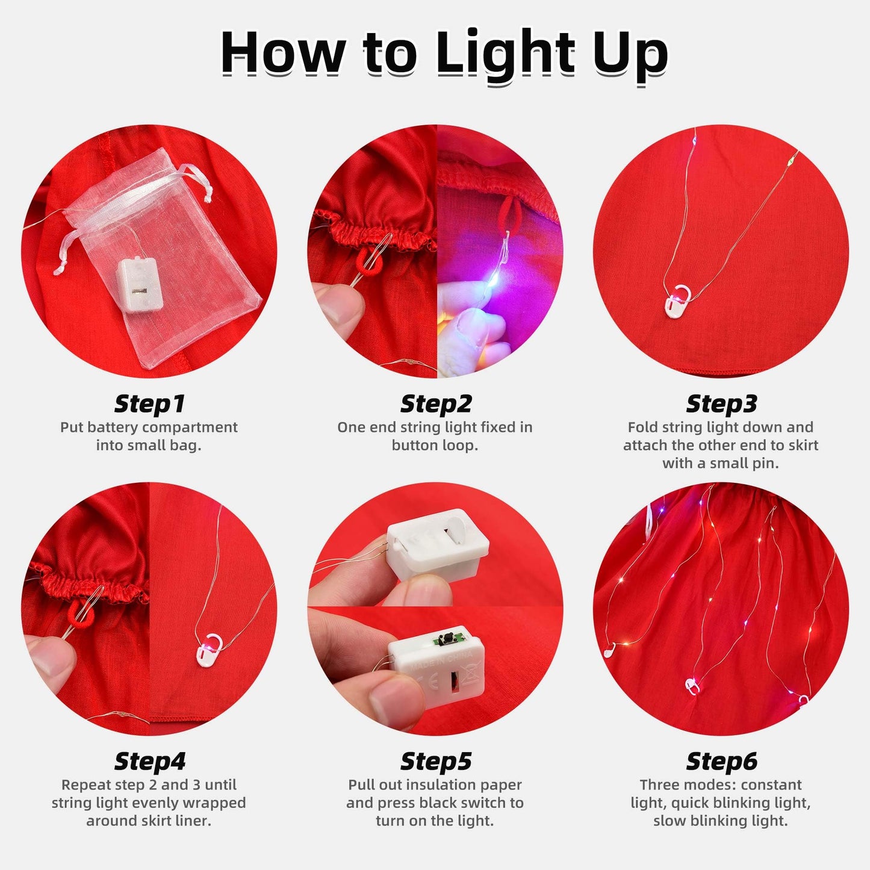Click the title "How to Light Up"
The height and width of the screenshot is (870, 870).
point(444,53)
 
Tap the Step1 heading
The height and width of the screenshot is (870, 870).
point(149,404)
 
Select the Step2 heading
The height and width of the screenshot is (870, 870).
point(435,404)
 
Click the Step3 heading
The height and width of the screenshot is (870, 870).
point(721,404)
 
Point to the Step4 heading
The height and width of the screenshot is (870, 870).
point(149,761)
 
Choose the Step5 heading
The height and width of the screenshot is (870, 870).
point(435,761)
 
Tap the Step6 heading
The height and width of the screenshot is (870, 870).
point(721,761)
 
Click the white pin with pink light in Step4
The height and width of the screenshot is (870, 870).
point(208,649)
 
